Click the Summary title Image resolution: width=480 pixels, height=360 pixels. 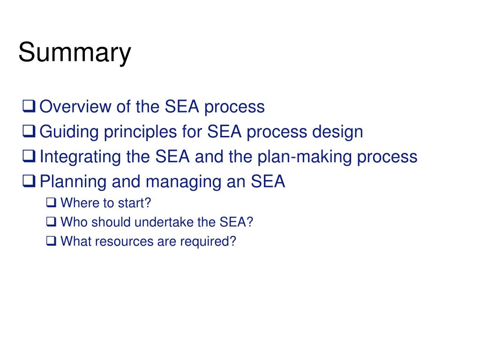tap(75, 53)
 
